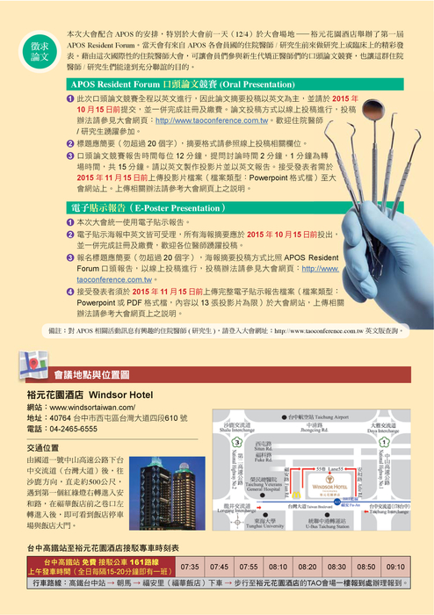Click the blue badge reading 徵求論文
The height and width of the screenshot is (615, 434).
point(40,50)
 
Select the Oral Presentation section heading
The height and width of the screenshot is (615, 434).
point(167,81)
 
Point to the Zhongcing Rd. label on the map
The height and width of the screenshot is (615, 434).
point(311,432)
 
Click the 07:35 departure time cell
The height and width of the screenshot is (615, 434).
point(191,567)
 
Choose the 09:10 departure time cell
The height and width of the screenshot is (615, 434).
point(395,567)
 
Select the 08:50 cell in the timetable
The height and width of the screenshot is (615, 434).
point(366,567)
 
